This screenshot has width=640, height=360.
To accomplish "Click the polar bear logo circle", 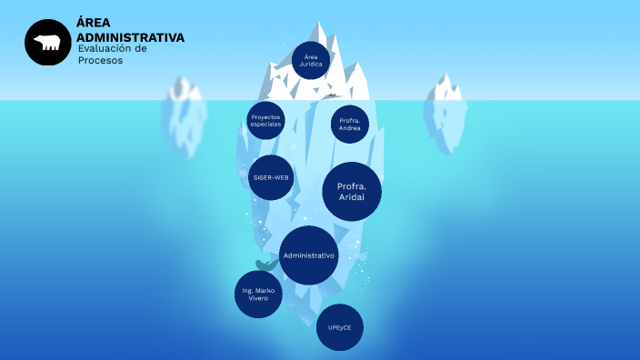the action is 47,43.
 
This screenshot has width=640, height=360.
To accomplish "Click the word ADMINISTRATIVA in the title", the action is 130,37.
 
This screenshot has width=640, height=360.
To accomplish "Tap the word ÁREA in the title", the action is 95,24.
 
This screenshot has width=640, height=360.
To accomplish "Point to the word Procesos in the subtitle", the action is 100,60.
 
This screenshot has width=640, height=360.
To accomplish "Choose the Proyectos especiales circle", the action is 266,120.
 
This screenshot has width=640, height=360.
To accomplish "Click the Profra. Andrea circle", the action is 350,125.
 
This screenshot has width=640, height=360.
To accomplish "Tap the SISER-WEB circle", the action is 271,177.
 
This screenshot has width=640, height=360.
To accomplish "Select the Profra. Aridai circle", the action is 352,192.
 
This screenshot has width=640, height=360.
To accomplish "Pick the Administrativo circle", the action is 309,255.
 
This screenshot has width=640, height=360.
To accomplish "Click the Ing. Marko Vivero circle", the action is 258,295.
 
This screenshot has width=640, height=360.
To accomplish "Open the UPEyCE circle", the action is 339,327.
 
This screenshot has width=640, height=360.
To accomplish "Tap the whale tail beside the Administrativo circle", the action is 265,265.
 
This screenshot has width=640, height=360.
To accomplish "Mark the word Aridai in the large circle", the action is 352,197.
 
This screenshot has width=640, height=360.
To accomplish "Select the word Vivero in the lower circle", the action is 258,298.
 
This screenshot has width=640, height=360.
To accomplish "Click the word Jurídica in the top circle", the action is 311,65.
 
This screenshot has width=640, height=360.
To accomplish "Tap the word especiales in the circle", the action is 266,124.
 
